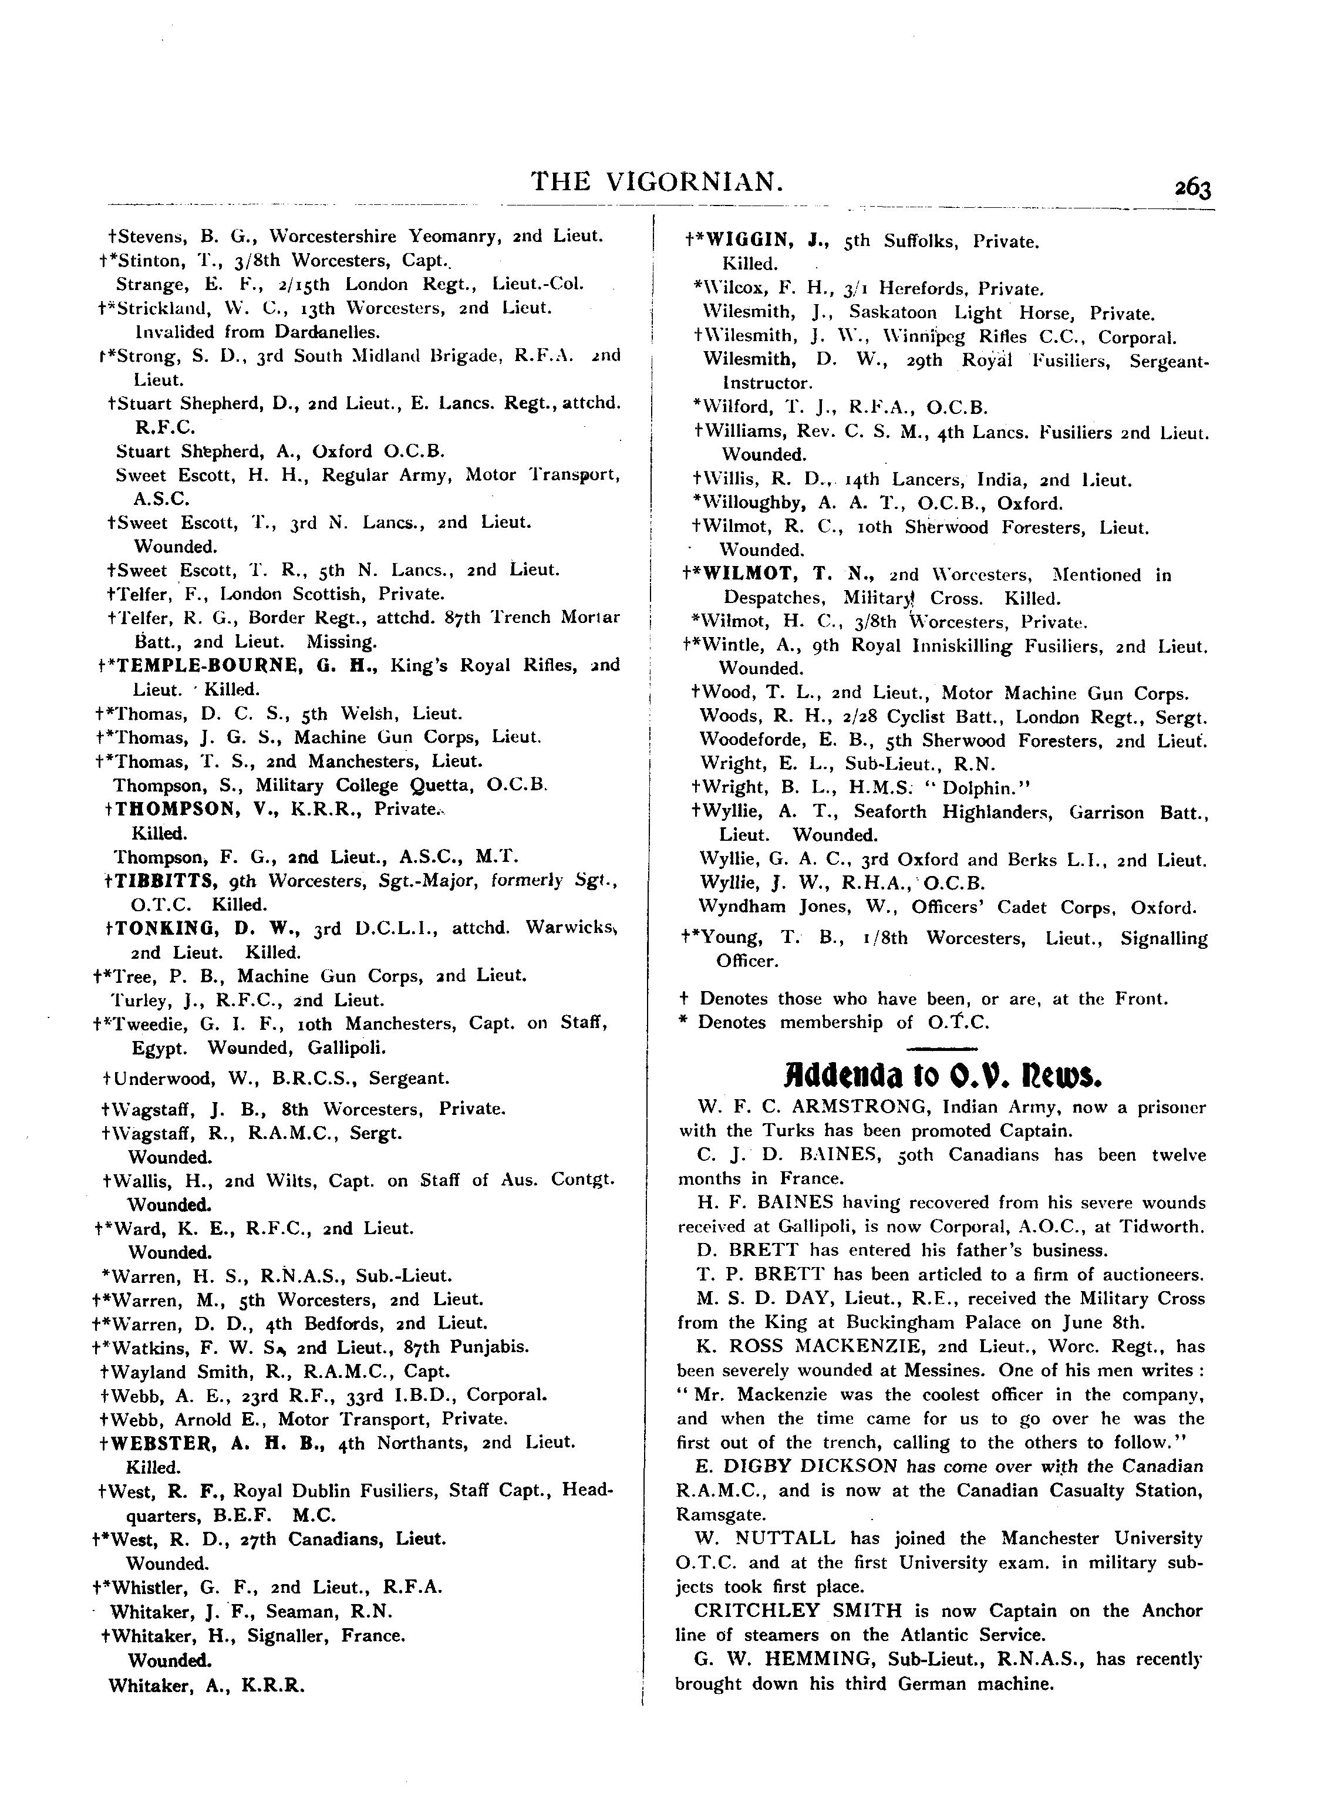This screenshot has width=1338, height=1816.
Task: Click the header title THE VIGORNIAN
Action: [x=657, y=181]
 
